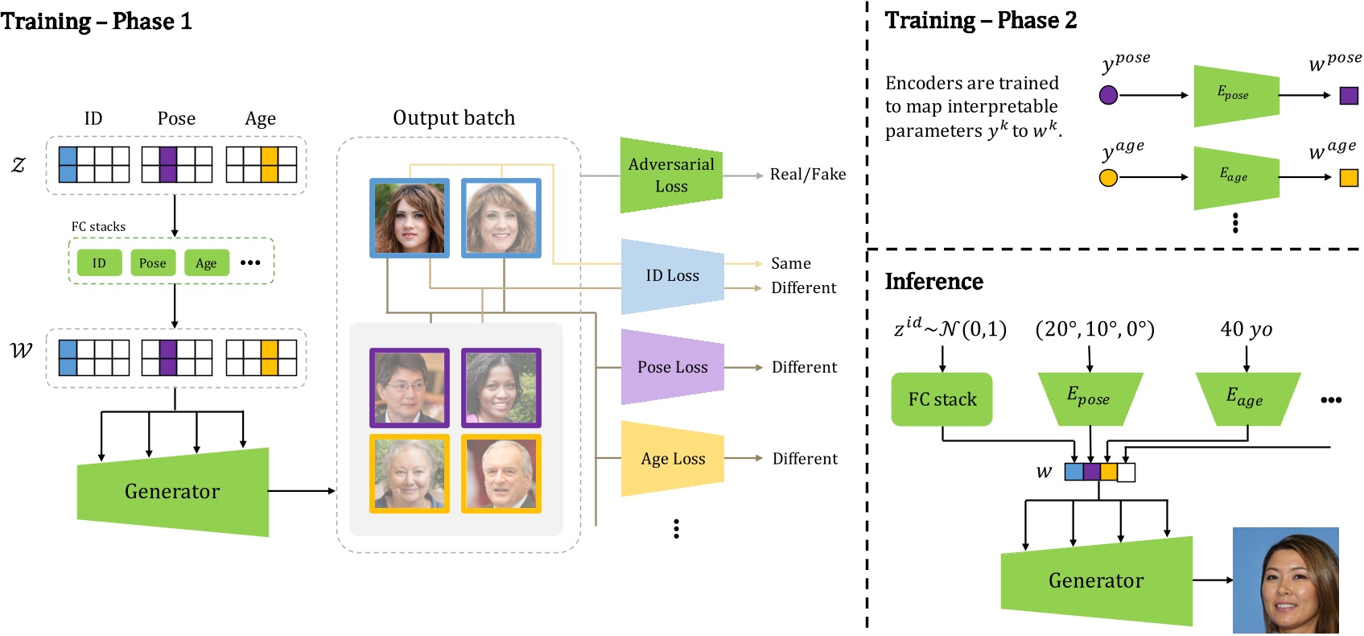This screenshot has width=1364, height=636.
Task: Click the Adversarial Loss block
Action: pos(670,176)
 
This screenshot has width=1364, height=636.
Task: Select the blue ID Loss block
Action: pos(672,276)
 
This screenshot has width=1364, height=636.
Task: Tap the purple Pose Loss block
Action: pos(672,367)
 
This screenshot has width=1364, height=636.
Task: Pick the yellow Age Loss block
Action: pos(672,459)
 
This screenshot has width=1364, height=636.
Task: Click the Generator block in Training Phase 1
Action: pos(172,491)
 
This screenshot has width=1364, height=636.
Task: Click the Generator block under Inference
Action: pos(1095,580)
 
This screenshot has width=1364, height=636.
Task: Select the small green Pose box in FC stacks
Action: pos(152,263)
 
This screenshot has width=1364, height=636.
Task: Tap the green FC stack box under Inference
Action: pos(942,399)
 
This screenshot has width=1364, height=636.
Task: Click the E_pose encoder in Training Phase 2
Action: pos(1234,95)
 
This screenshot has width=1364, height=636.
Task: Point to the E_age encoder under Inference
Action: pos(1245,397)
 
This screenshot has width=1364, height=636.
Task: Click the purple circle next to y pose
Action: pos(1108,96)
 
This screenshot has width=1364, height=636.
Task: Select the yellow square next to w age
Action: pos(1349,177)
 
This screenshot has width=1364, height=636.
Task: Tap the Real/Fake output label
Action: pos(807,175)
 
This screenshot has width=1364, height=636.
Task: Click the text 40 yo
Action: pos(1246,329)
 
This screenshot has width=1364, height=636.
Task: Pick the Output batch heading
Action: pos(453,118)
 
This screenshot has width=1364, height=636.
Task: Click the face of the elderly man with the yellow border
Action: pos(501,473)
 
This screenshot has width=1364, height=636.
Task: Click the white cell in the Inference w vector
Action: pos(1127,472)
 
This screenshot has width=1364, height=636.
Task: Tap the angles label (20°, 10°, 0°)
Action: pos(1094,329)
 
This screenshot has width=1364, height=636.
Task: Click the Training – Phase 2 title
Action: pos(980,20)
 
